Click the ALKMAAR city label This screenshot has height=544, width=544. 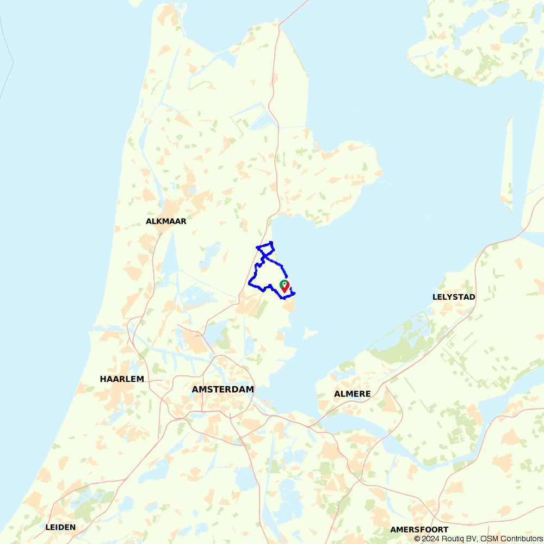(166, 221)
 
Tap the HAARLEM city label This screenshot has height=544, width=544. (122, 379)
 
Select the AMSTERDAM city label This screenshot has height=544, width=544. (223, 390)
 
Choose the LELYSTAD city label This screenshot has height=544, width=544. (454, 297)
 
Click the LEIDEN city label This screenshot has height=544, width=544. (60, 527)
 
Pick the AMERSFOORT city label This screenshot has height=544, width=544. (419, 529)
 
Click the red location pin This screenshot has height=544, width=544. (285, 287)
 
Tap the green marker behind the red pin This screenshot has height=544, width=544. (283, 283)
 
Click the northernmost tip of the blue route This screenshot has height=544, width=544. (271, 242)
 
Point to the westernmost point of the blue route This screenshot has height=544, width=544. (249, 283)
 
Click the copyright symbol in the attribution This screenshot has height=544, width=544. (417, 539)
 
